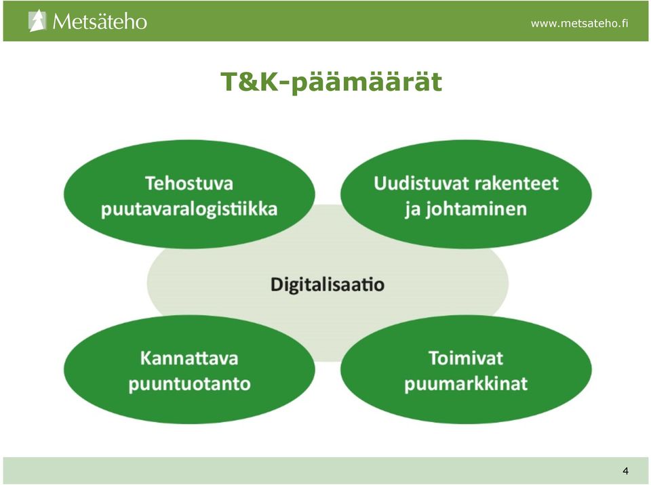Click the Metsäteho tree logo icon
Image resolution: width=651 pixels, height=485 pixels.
(x=37, y=21)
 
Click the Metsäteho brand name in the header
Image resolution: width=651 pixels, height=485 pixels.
(x=100, y=22)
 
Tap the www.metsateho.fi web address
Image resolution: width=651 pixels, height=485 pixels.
(x=580, y=23)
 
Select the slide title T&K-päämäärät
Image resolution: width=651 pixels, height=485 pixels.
(x=332, y=82)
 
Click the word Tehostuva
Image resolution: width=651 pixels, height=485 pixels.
(x=189, y=184)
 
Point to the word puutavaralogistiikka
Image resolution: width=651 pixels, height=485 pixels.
(x=189, y=209)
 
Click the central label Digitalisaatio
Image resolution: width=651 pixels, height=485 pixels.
(x=328, y=284)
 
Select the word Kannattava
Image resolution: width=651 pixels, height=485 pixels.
(x=189, y=358)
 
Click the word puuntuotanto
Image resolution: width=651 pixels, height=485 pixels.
(x=189, y=384)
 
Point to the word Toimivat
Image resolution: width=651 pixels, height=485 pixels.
(x=466, y=358)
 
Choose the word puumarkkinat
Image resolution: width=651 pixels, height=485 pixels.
(x=466, y=384)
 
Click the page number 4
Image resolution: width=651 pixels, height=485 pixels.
(x=626, y=471)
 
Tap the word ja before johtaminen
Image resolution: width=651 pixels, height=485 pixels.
(x=413, y=209)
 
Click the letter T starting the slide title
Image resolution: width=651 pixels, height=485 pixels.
(x=229, y=82)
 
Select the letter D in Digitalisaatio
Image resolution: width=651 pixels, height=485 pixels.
(x=277, y=284)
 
